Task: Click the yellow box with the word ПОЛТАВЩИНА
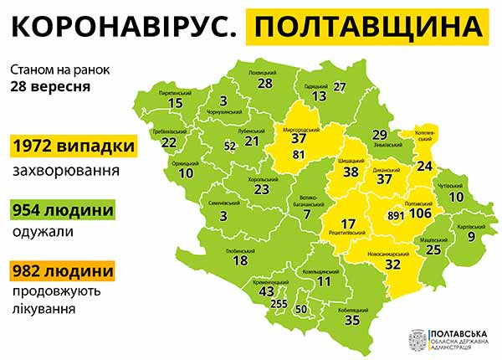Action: [x=369, y=28]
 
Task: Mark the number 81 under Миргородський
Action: [x=299, y=153]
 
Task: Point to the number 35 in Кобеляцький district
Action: [x=351, y=319]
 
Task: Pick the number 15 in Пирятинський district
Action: [x=175, y=103]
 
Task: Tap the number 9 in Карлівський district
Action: [x=470, y=237]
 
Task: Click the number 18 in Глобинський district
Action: [x=240, y=260]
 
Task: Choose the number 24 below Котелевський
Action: [x=424, y=165]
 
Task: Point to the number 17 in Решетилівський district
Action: [x=349, y=224]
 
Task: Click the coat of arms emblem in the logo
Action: [x=416, y=339]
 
